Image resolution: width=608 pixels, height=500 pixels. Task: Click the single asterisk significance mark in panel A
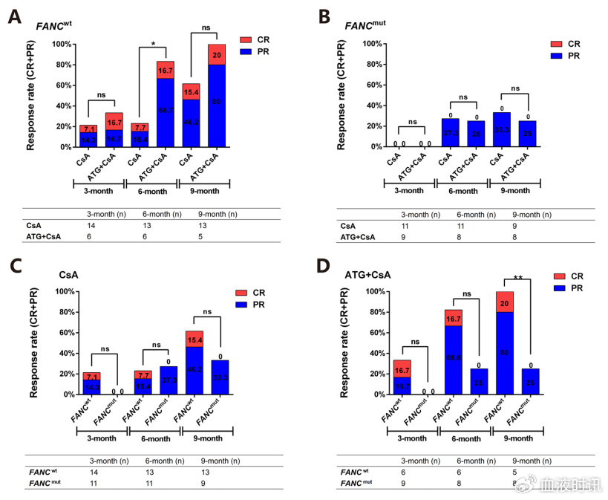pyautogui.click(x=153, y=45)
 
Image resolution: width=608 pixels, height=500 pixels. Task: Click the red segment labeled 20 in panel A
pyautogui.click(x=217, y=54)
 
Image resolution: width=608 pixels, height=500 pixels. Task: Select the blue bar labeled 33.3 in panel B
pyautogui.click(x=501, y=129)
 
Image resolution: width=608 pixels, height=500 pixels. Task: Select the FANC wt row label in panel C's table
pyautogui.click(x=44, y=472)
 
